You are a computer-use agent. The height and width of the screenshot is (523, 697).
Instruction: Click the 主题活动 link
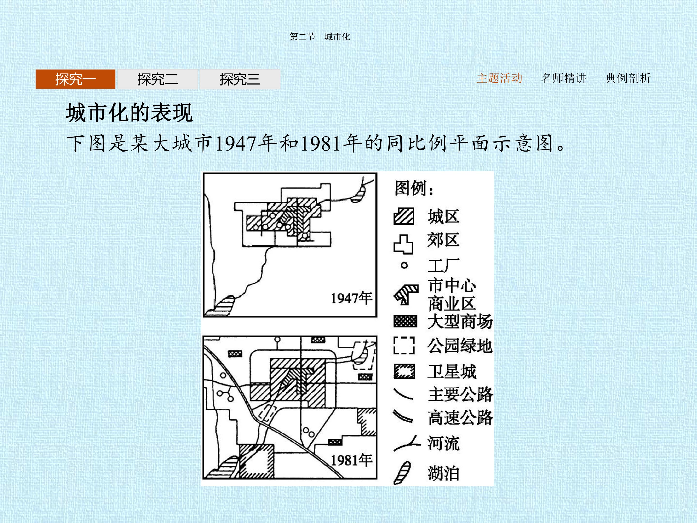500,78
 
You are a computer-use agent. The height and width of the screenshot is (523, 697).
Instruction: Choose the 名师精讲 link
564,78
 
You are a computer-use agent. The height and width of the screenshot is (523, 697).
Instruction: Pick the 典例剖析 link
628,78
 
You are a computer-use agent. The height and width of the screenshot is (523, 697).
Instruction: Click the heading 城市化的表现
129,113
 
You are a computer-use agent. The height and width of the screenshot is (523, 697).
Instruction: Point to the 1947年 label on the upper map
351,298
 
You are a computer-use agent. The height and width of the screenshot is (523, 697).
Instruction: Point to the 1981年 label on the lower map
351,460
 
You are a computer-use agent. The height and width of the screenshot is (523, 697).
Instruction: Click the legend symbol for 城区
404,216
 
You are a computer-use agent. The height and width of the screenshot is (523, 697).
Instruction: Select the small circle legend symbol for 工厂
404,265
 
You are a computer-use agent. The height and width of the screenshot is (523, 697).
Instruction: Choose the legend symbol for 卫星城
404,371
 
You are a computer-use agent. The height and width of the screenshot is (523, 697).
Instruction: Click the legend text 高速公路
460,418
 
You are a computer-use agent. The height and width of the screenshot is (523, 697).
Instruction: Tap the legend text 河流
444,443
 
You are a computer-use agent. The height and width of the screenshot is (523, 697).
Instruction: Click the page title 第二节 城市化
320,37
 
